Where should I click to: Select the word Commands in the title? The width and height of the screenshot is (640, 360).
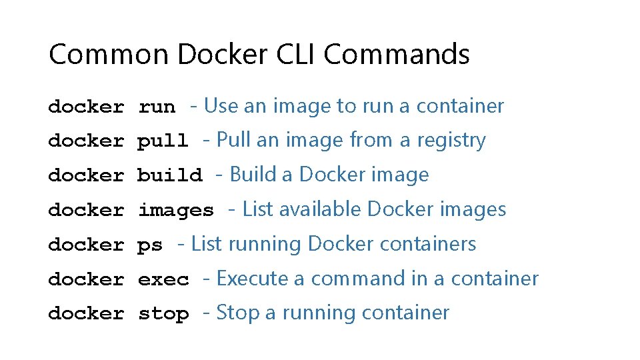(x=397, y=54)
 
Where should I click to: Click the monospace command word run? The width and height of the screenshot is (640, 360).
(x=157, y=107)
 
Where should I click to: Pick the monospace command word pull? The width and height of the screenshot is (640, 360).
(x=163, y=141)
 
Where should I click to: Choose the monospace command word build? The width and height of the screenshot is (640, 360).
(x=169, y=175)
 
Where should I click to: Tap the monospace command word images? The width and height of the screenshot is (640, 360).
(x=176, y=211)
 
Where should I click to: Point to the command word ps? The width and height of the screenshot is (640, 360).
(x=150, y=245)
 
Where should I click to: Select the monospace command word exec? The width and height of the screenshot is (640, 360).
(x=163, y=279)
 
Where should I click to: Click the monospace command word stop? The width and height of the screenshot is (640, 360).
(x=163, y=314)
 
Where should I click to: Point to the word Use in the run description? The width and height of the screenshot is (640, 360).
(x=221, y=106)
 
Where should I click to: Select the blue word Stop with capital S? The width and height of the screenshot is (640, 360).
(x=238, y=313)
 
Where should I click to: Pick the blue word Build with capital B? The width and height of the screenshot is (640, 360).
(x=254, y=175)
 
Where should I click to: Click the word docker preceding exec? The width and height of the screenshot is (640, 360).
(x=86, y=279)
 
